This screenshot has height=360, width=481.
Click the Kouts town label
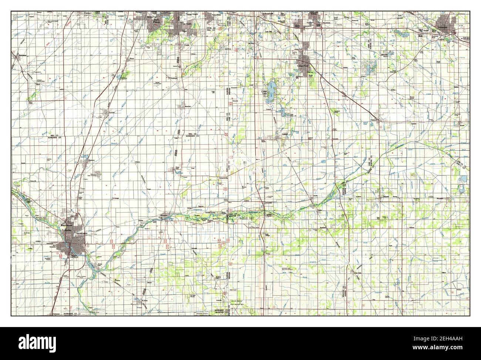[x=460, y=126]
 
